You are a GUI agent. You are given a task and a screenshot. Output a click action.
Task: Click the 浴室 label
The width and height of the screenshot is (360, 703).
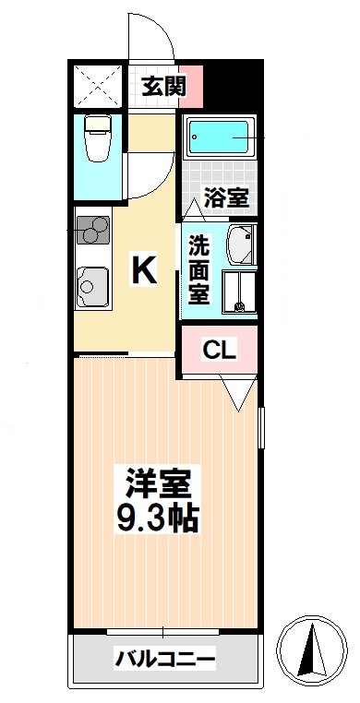click(224, 197)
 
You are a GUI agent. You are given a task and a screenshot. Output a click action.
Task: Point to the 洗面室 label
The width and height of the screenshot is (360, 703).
click(198, 269)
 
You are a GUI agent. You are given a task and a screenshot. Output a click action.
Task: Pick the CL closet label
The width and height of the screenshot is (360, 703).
click(220, 350)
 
